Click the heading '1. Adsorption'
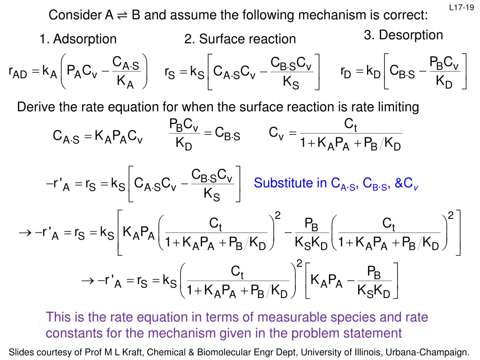pos(78,39)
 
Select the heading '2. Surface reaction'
pos(240,40)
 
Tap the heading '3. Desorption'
pos(404,35)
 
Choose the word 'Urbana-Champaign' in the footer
pos(434,352)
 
